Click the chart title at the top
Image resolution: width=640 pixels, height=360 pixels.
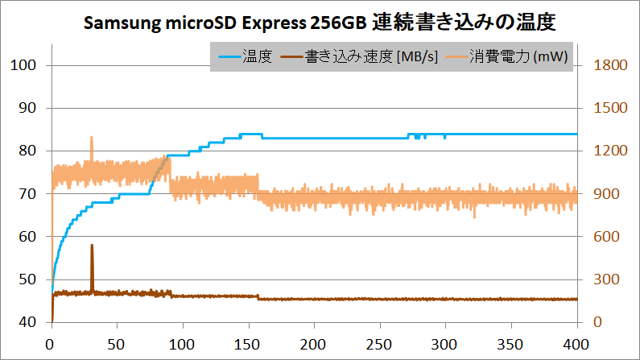click(x=320, y=23)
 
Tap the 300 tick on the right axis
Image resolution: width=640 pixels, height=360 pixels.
click(x=606, y=279)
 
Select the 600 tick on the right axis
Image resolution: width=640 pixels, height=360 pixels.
click(x=606, y=237)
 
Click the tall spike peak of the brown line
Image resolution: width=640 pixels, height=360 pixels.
click(x=92, y=245)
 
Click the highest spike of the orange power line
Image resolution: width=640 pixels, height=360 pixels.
click(x=92, y=138)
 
